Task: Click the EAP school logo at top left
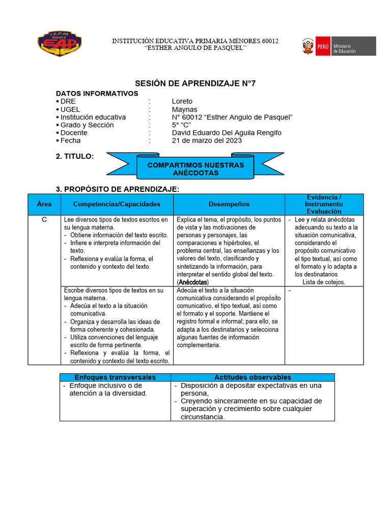[x=60, y=44]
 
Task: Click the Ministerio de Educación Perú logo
[x=339, y=46]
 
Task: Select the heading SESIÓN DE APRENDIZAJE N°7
[x=195, y=83]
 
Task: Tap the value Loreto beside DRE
[x=182, y=101]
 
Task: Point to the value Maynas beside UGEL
[x=184, y=109]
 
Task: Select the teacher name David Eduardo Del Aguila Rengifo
[x=227, y=133]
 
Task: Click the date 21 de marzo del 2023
[x=207, y=140]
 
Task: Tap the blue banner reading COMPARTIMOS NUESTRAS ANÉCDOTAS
[x=195, y=169]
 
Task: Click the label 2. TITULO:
[x=75, y=157]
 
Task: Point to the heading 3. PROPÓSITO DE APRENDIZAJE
[x=117, y=189]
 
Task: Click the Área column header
[x=44, y=204]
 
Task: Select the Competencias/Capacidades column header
[x=117, y=204]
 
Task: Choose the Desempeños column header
[x=229, y=204]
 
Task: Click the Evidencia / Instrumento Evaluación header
[x=324, y=204]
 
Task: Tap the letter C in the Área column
[x=44, y=220]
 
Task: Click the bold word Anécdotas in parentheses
[x=193, y=282]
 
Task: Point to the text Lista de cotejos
[x=324, y=282]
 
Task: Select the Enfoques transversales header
[x=115, y=377]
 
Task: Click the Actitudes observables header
[x=253, y=377]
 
